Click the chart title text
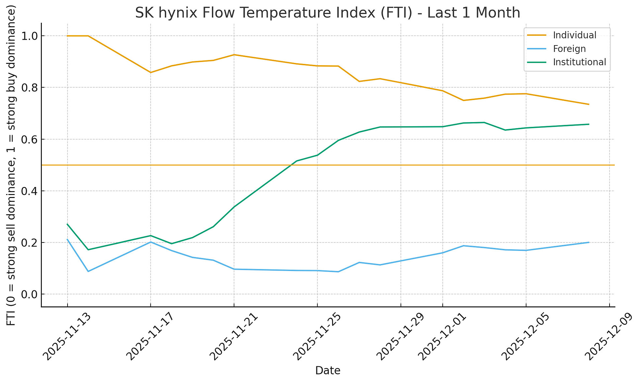click(327, 13)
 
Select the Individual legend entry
click(574, 35)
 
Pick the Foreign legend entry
click(569, 49)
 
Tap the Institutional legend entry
click(579, 62)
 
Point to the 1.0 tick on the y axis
click(29, 36)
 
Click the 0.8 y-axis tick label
click(29, 88)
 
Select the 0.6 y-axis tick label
click(29, 139)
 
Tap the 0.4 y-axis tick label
click(29, 191)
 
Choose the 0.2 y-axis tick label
click(29, 243)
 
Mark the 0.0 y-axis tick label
click(29, 294)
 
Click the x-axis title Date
click(328, 371)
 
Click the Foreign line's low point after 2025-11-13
click(88, 271)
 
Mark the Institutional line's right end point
click(588, 124)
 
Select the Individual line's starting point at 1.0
click(68, 36)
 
